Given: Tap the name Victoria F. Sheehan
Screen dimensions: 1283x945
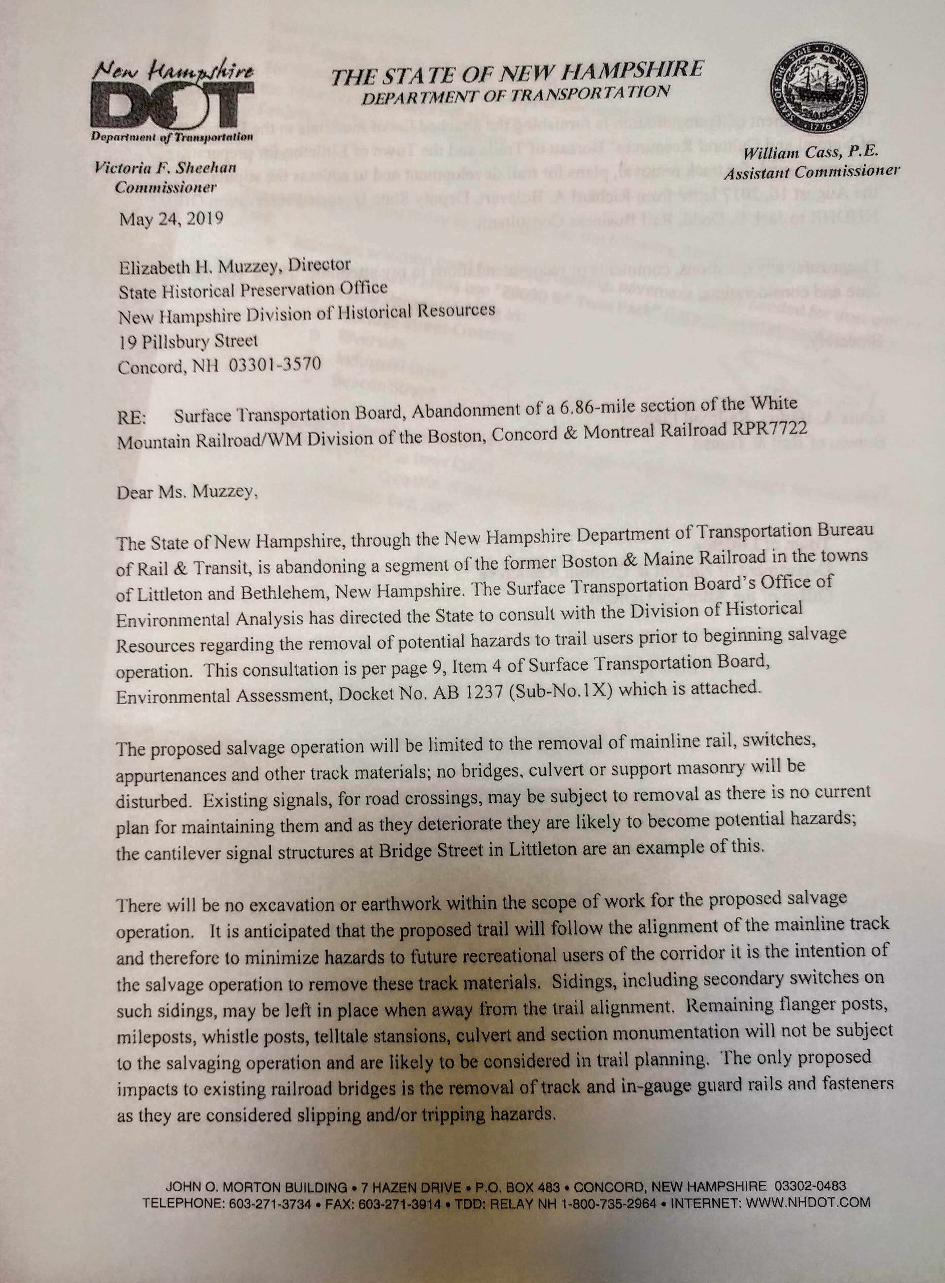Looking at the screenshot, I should tap(166, 168).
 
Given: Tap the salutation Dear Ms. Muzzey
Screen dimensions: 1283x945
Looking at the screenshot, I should tap(187, 492).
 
